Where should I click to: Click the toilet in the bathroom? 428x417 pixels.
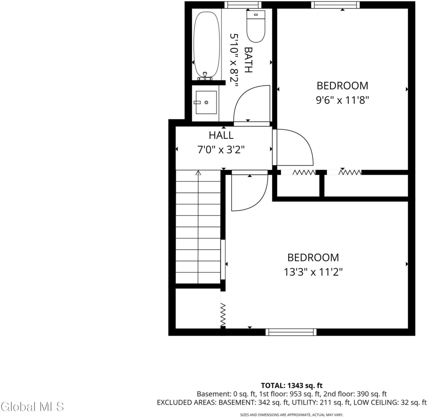point(256,26)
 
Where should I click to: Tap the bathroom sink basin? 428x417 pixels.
point(206,102)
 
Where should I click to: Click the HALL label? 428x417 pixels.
point(221,135)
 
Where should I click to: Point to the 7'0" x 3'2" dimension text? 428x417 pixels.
point(221,150)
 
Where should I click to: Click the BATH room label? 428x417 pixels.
point(248,60)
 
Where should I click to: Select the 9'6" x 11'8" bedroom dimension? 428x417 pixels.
point(342,100)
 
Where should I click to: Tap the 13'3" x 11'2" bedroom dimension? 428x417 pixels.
point(313,272)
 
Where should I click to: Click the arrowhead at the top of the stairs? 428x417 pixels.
point(198,173)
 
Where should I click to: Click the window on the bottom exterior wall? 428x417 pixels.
point(291,332)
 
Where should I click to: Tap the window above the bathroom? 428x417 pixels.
point(243,5)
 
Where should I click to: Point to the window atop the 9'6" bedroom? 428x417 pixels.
point(336,5)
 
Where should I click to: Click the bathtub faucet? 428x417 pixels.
point(205,76)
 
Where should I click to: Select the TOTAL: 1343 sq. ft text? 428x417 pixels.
point(291,386)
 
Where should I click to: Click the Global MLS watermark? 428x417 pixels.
point(32,407)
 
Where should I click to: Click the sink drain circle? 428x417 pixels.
point(206,102)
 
